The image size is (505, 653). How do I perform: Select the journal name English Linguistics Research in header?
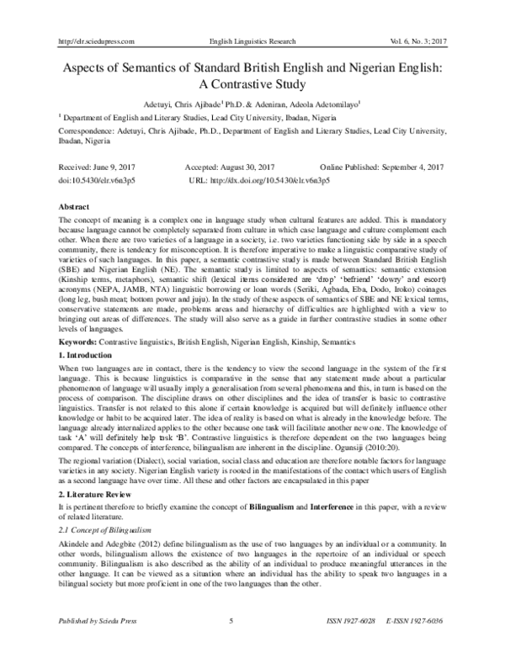click(x=252, y=40)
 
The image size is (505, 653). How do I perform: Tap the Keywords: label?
click(x=76, y=365)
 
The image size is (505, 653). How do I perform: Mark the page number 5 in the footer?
click(x=231, y=645)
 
